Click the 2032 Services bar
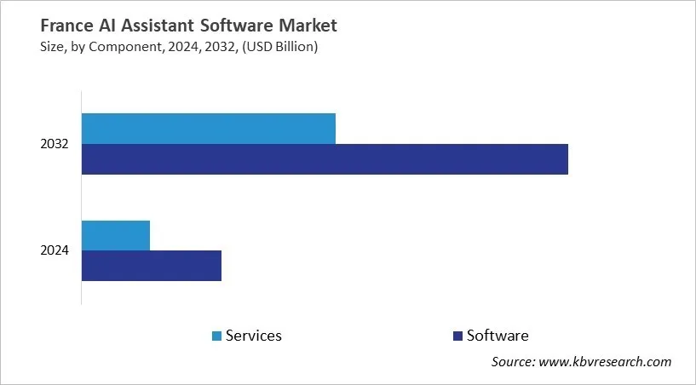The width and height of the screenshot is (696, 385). [x=209, y=129]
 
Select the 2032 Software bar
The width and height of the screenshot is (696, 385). [x=325, y=159]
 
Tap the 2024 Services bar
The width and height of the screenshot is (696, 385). [x=116, y=235]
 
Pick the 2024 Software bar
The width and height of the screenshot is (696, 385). [x=152, y=266]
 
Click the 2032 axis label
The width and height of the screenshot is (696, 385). [x=55, y=145]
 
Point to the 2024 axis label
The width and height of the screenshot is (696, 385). [x=55, y=250]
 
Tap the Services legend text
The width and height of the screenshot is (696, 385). [x=253, y=336]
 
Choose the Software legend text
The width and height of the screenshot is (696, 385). [x=498, y=336]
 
